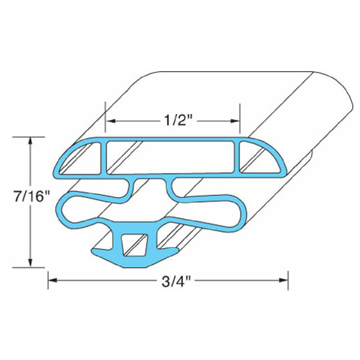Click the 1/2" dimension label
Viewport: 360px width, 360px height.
point(178,120)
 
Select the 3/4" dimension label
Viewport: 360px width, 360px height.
point(176,281)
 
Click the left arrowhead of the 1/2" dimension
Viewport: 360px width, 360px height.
point(111,121)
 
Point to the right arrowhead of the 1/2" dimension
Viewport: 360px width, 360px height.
point(235,121)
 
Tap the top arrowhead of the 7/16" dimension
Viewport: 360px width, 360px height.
point(30,142)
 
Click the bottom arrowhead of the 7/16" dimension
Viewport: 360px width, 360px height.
point(30,262)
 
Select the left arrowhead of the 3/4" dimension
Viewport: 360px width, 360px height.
point(53,280)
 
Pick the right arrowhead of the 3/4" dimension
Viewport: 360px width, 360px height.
point(283,280)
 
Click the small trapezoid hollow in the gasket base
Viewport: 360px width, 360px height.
point(134,245)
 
